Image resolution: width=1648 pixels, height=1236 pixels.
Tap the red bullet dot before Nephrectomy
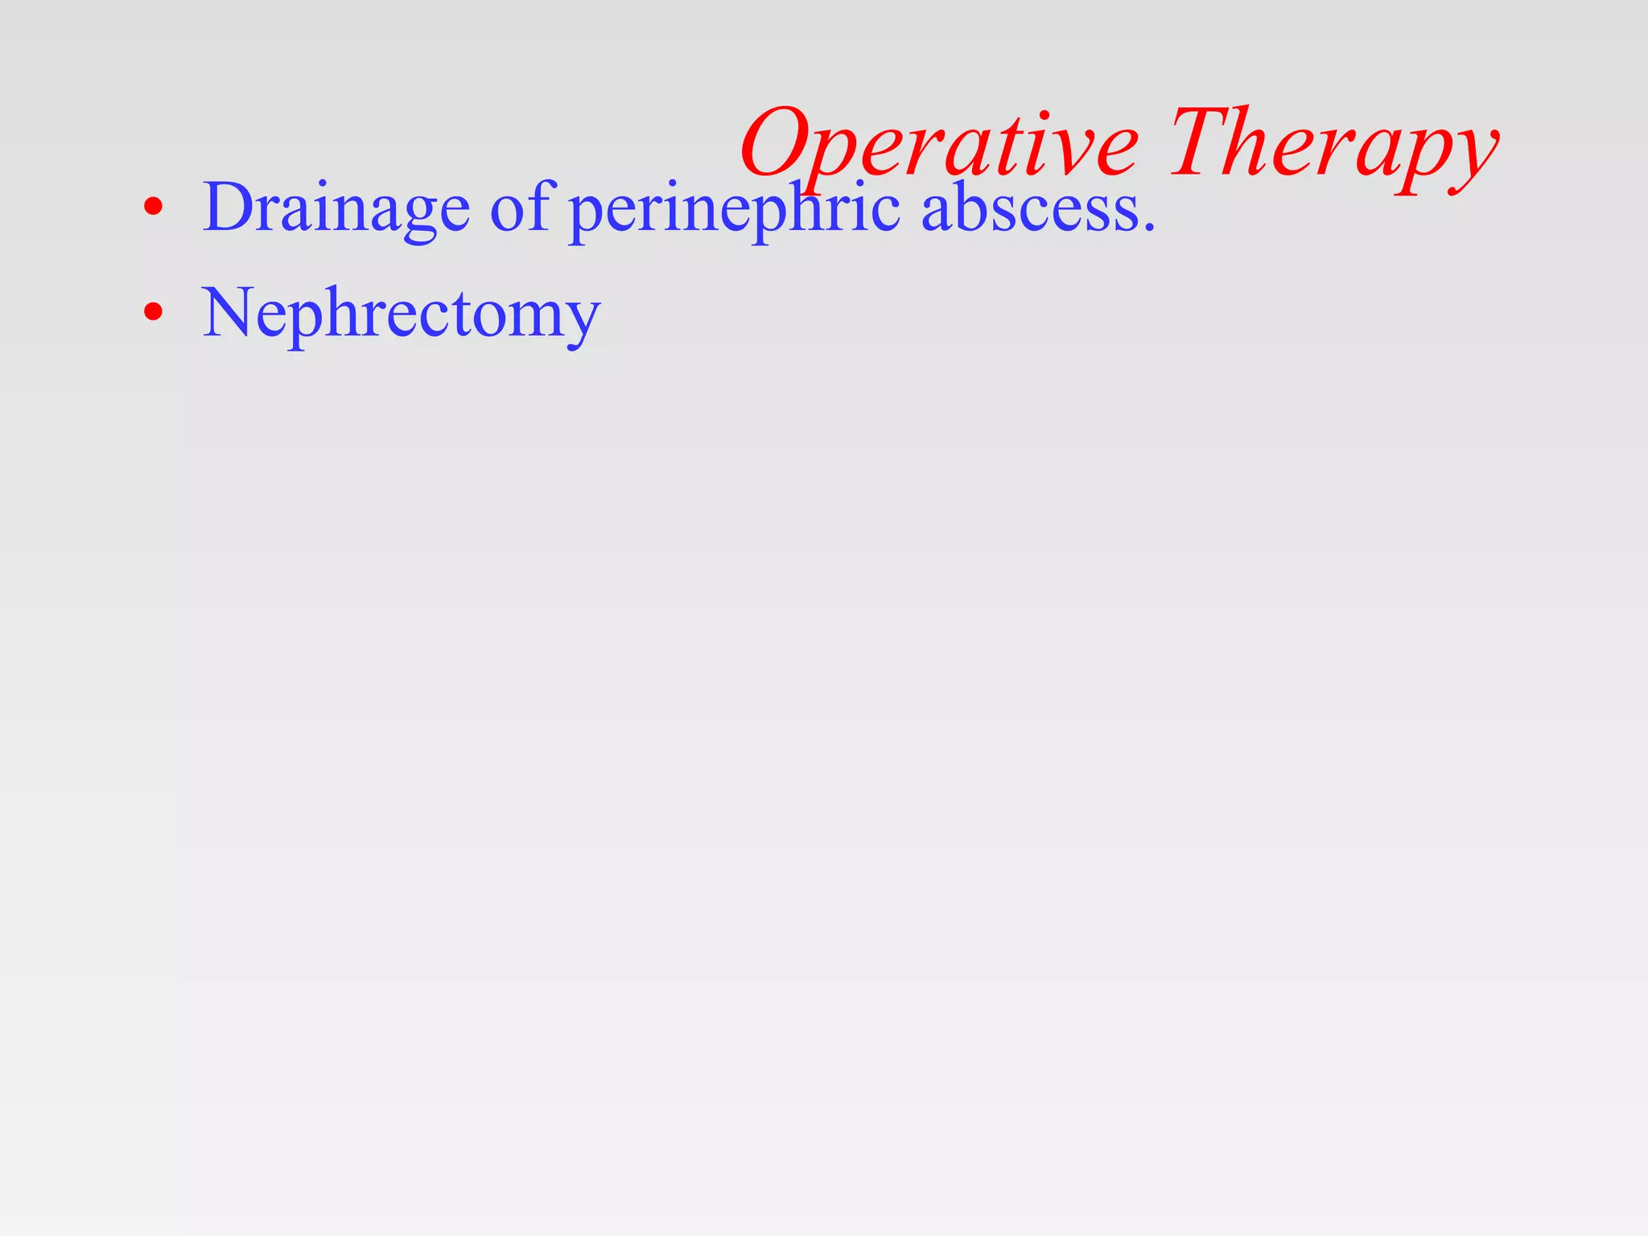(153, 311)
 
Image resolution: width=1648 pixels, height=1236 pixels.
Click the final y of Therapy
(1470, 157)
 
